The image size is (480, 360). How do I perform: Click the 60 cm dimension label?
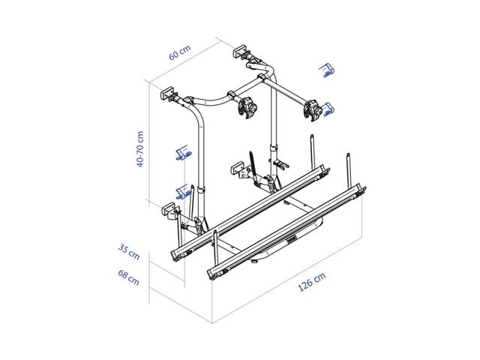(180, 52)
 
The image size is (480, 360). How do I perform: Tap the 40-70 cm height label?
(140, 149)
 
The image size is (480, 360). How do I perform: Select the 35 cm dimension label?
(129, 252)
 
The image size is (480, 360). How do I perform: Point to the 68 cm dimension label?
(128, 277)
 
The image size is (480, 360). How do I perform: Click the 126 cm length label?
(312, 282)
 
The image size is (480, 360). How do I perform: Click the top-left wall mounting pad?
(166, 93)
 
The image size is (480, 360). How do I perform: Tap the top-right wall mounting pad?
(241, 51)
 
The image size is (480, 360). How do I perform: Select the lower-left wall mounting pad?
(169, 209)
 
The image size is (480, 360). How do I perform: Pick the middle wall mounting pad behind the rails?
(237, 169)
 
